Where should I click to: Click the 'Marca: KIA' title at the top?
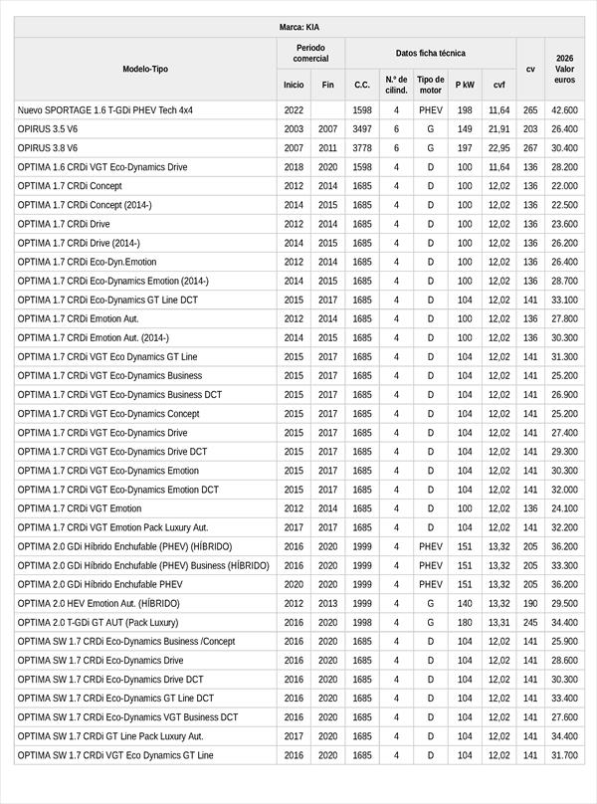(x=298, y=27)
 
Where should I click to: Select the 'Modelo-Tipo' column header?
(x=145, y=69)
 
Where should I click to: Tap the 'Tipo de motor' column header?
(x=431, y=85)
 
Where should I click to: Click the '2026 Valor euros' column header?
(x=564, y=69)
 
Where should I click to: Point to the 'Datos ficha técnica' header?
(x=430, y=53)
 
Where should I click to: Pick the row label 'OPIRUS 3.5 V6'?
(x=48, y=129)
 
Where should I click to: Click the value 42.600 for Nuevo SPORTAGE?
(x=564, y=110)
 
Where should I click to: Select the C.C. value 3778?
(x=362, y=148)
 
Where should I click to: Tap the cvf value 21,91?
(x=498, y=129)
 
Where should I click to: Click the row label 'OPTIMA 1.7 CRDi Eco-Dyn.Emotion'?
(x=87, y=262)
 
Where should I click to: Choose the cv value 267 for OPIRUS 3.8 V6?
(x=530, y=148)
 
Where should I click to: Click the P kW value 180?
(x=465, y=622)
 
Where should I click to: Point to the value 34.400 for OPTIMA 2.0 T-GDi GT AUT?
(x=564, y=622)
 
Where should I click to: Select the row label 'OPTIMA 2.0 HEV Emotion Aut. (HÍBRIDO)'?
(x=99, y=603)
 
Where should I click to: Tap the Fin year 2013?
(x=328, y=603)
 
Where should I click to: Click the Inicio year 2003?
(x=294, y=129)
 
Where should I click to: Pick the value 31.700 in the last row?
(x=564, y=755)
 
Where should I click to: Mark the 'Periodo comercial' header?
(x=310, y=53)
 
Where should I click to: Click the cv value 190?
(x=530, y=603)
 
